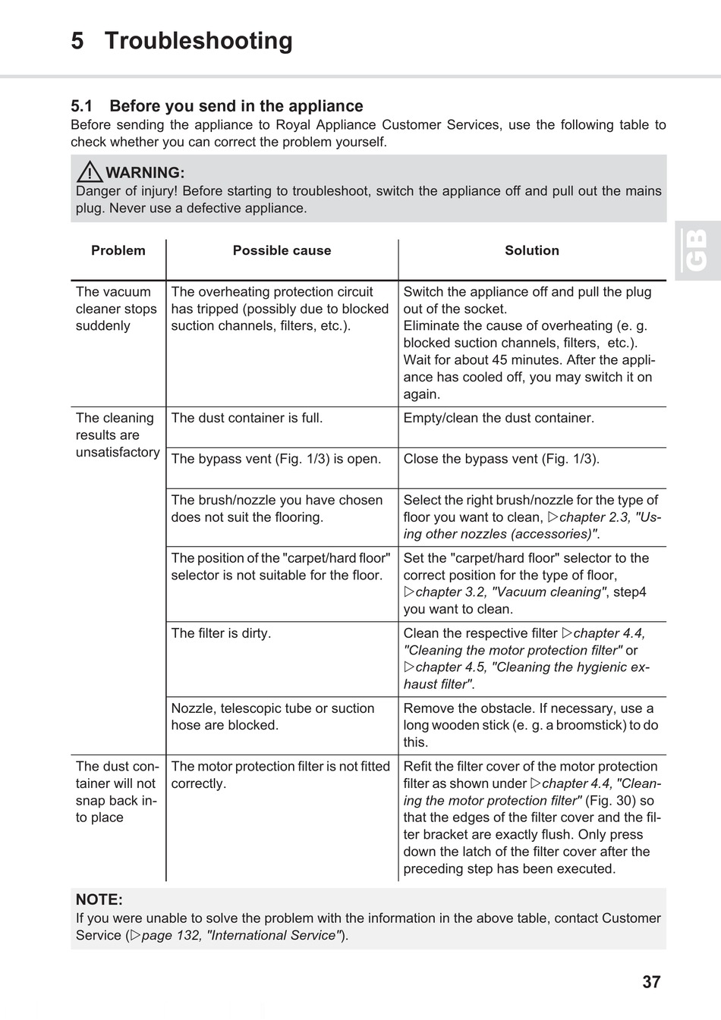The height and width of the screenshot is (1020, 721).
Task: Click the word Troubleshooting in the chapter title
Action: (198, 41)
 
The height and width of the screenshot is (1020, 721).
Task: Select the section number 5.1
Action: (81, 106)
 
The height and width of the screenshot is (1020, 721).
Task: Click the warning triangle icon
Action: (89, 172)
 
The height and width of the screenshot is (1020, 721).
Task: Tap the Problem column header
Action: (118, 250)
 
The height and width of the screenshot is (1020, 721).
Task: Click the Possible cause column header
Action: (282, 250)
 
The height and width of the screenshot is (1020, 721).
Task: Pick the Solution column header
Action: (531, 250)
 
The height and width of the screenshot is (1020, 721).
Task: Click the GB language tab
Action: (697, 250)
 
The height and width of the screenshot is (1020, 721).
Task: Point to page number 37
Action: (651, 982)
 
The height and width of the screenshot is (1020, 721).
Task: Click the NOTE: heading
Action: (99, 899)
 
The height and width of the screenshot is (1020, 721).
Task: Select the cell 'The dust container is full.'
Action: (247, 418)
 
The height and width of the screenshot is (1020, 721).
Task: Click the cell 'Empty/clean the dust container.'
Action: (499, 418)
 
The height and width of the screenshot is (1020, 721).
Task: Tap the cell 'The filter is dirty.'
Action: (221, 633)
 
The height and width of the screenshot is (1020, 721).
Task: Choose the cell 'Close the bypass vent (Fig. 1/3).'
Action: (501, 459)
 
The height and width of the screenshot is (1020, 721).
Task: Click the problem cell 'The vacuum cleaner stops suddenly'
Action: (116, 309)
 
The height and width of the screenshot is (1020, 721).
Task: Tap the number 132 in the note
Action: (189, 935)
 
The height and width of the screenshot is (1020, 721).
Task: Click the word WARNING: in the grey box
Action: (145, 172)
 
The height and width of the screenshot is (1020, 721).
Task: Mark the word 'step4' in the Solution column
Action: (630, 592)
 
